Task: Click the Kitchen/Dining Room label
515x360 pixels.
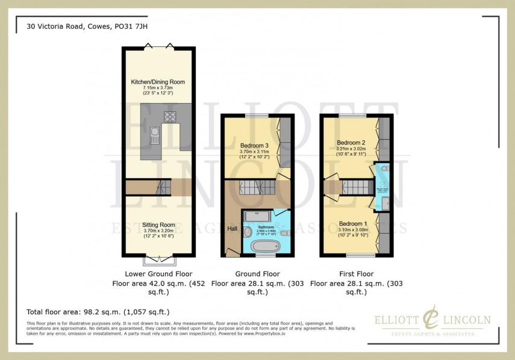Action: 158,82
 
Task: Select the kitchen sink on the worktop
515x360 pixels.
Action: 154,135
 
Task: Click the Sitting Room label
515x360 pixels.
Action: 158,225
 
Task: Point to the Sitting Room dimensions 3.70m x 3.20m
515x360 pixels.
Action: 158,231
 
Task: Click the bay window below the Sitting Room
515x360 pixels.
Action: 159,260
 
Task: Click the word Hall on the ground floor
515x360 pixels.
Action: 233,229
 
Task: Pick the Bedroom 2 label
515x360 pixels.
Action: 352,142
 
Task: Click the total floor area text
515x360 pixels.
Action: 98,312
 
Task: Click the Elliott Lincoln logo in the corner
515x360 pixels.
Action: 432,321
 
